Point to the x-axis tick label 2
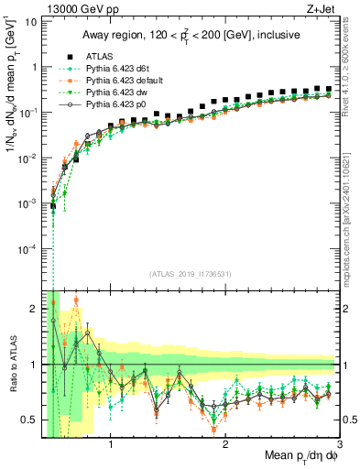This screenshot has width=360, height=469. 226,444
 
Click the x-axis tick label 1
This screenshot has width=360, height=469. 111,444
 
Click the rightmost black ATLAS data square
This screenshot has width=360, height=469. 329,89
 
